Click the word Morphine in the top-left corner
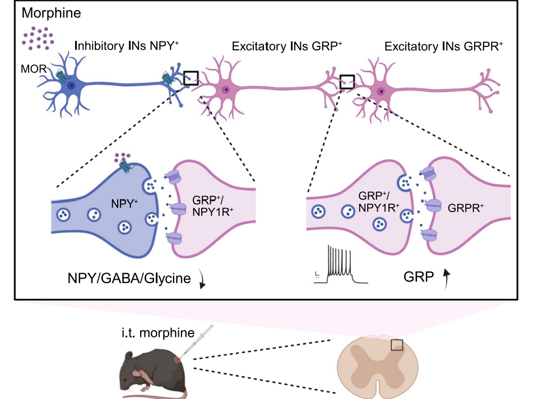45,11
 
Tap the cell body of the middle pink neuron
225,89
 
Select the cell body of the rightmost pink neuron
381,91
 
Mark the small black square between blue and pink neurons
191,77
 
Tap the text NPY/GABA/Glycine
130,278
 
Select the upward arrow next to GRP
447,279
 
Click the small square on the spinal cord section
397,344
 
